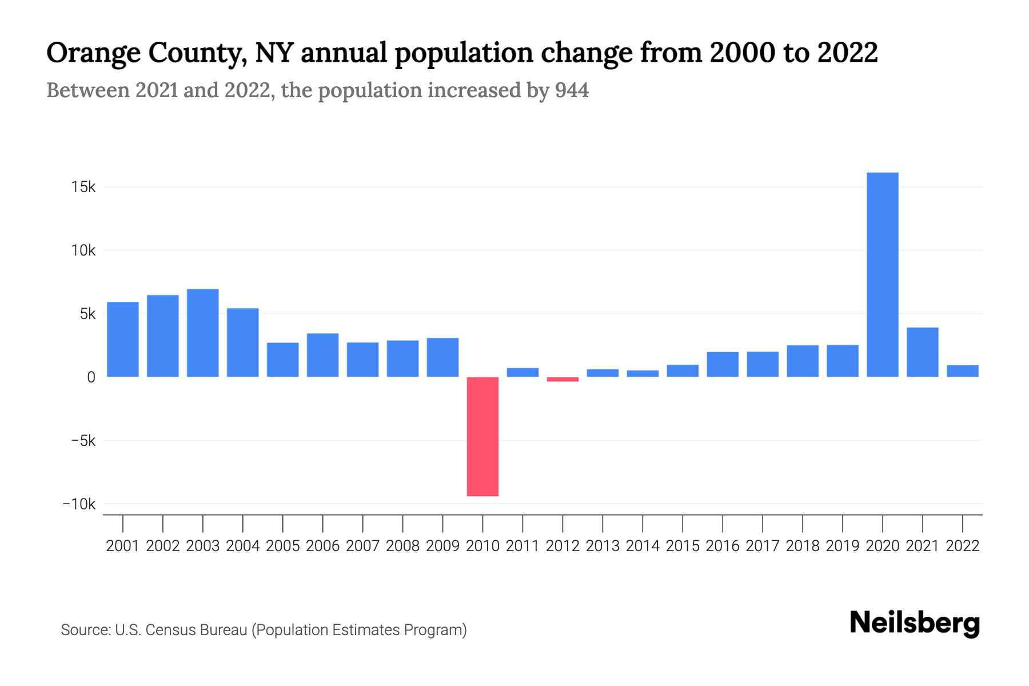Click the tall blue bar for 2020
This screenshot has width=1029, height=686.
click(882, 274)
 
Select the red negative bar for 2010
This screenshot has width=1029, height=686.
click(482, 436)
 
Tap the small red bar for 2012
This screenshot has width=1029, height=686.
click(563, 379)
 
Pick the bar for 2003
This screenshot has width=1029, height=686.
click(202, 333)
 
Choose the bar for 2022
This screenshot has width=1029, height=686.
click(962, 371)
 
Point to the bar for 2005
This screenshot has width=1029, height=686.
click(282, 360)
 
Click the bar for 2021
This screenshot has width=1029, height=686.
click(922, 352)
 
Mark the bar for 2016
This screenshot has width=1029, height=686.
click(723, 364)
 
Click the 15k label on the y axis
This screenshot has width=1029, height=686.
click(83, 187)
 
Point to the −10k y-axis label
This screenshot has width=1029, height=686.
click(79, 504)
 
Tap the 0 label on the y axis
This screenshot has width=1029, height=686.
click(91, 377)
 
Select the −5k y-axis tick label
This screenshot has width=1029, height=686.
click(83, 441)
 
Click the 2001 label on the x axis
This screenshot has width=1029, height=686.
click(122, 546)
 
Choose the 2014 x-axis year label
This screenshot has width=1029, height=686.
click(643, 546)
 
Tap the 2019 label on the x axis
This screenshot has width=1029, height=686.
click(842, 546)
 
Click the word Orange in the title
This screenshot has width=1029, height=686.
click(93, 53)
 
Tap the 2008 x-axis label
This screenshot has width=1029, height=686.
click(402, 546)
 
